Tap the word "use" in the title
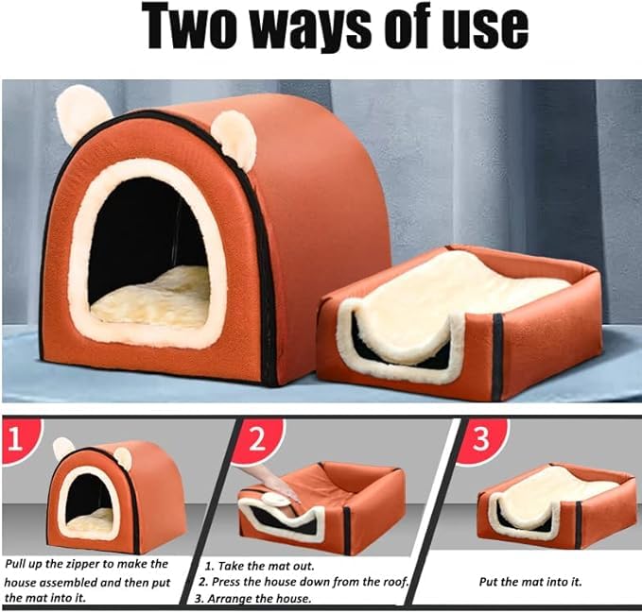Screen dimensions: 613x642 [476, 28]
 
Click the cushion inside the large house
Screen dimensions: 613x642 [151, 296]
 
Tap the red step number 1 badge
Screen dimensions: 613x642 [21, 439]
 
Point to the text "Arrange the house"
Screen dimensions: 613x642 [275, 599]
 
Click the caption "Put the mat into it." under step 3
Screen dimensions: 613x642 [529, 582]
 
